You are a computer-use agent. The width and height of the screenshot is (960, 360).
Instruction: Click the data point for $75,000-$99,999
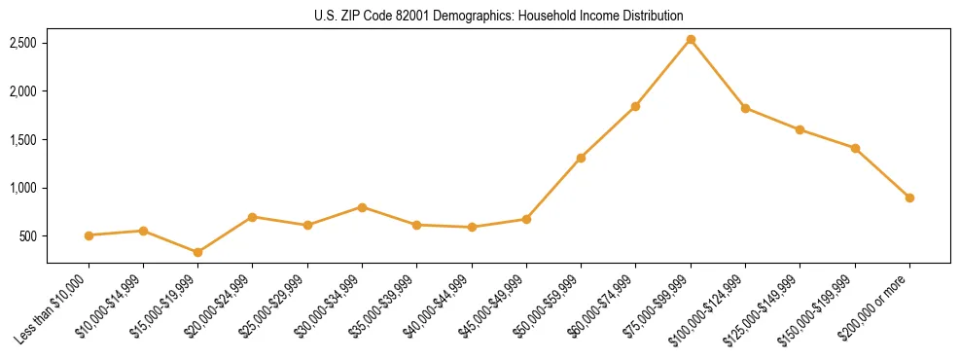691,40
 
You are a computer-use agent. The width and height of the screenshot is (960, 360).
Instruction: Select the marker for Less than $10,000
89,235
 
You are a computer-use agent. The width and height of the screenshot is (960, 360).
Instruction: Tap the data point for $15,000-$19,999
197,252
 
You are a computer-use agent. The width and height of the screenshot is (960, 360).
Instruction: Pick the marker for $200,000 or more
909,198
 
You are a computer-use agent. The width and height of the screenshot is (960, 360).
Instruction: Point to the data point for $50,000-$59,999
581,158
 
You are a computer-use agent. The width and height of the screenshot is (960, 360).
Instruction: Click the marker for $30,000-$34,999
362,207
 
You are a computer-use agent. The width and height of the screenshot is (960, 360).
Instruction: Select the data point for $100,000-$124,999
745,108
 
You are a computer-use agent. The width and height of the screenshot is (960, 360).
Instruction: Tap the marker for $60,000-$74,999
635,106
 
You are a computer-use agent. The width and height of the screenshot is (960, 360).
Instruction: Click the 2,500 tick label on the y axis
23,44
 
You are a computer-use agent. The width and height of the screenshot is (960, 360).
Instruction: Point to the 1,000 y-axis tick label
23,188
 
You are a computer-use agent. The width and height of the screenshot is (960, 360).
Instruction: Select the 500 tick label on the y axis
29,236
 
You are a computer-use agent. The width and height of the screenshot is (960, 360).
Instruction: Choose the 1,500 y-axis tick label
23,140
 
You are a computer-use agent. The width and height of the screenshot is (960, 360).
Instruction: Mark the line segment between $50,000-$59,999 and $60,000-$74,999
608,132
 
